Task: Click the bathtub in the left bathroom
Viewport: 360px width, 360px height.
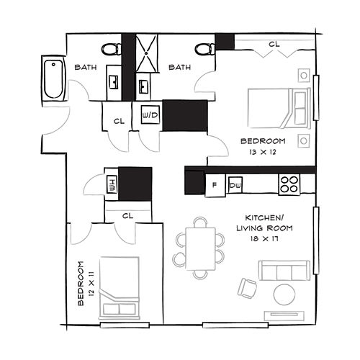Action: [54, 78]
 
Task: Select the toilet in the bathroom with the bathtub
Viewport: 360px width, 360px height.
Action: [112, 49]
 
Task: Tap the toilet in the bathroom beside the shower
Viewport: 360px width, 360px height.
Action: [204, 49]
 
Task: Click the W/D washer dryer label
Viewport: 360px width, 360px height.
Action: [150, 115]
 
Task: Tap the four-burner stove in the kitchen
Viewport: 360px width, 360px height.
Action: [289, 184]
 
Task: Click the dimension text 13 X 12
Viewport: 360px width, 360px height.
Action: [264, 152]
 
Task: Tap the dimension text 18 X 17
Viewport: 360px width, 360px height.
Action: [264, 238]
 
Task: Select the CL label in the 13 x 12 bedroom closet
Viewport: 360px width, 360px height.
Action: [274, 44]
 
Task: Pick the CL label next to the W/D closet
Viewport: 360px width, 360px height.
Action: [119, 121]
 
